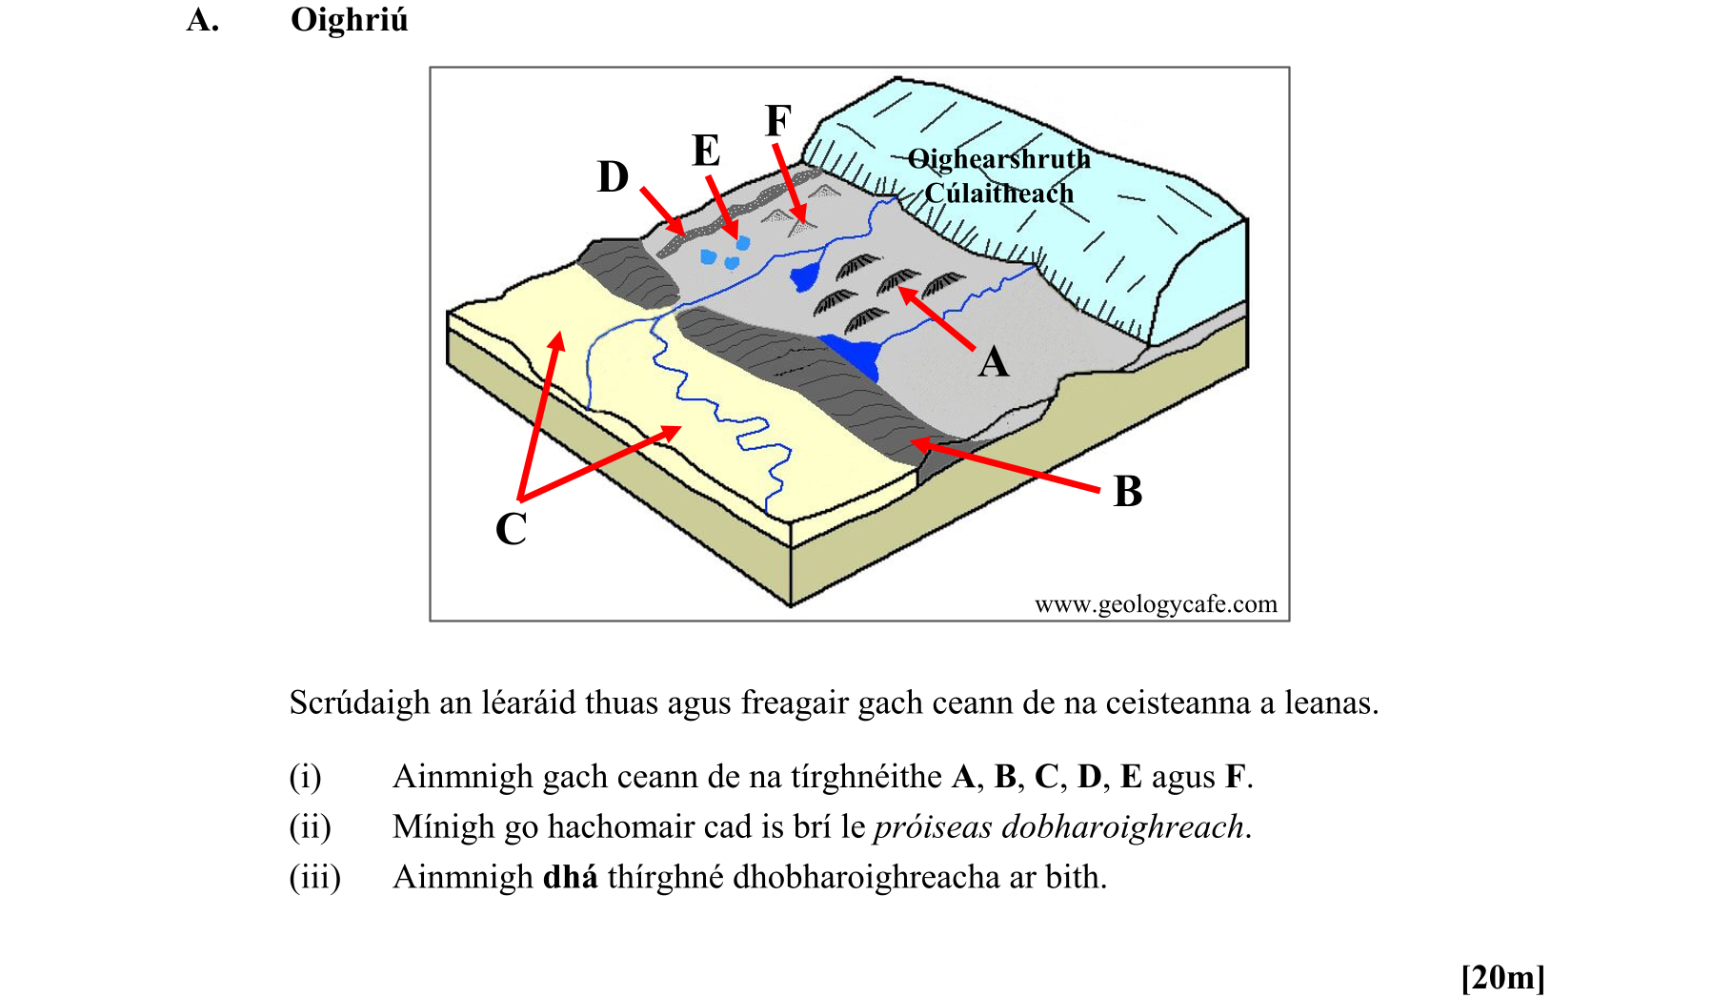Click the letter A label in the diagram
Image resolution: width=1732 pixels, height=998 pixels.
coord(993,362)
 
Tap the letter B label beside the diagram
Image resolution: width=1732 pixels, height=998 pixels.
coord(1127,492)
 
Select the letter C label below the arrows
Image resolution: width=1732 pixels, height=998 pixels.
coord(511,529)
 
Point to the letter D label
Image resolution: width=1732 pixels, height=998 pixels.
coord(613,177)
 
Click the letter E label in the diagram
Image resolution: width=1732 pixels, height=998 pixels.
coord(705,151)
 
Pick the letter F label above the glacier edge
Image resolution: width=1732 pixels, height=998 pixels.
coord(777,121)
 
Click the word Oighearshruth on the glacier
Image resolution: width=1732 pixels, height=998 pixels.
coord(998,159)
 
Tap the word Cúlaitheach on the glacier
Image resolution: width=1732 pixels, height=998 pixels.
coord(998,193)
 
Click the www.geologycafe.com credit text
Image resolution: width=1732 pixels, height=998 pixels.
coord(1155,604)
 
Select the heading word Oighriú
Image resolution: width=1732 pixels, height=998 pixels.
coord(349,20)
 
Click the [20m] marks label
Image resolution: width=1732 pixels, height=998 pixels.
coord(1502,977)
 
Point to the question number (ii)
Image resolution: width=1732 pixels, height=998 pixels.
coord(310,826)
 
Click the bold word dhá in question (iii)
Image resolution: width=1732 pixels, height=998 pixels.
coord(570,877)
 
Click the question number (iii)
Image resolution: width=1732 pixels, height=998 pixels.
coord(314,877)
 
